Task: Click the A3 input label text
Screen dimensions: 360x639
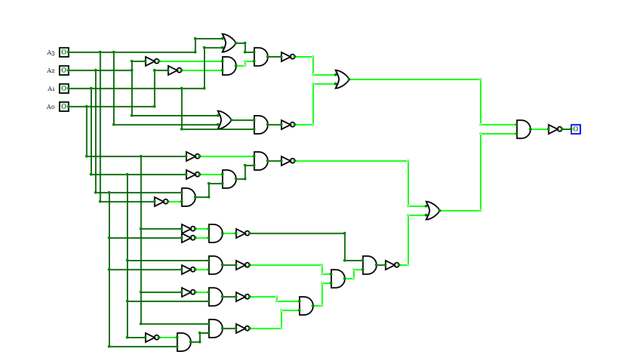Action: (x=51, y=52)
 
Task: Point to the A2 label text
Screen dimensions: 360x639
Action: (x=51, y=71)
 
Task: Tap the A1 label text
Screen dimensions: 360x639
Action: (x=51, y=89)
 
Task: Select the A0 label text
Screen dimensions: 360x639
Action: (x=51, y=107)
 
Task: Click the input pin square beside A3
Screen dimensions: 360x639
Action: (x=64, y=52)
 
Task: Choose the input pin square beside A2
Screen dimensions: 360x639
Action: (x=64, y=71)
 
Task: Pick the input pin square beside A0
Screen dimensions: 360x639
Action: (x=64, y=107)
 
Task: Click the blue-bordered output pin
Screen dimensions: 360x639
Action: (x=575, y=129)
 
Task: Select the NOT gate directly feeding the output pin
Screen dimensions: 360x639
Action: (x=555, y=129)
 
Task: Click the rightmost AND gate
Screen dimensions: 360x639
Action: (x=523, y=129)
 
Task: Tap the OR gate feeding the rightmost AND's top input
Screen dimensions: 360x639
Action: (x=341, y=79)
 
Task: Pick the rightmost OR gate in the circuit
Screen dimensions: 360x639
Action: (x=432, y=211)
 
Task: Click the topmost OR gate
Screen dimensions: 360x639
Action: (x=228, y=43)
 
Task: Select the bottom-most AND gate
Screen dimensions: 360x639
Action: (x=184, y=342)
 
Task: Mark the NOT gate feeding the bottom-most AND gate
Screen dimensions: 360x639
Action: (x=152, y=337)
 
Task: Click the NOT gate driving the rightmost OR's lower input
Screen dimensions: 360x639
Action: (x=392, y=265)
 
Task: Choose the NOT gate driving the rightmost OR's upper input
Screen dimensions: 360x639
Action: (x=288, y=161)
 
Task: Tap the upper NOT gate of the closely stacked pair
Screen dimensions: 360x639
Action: (x=188, y=229)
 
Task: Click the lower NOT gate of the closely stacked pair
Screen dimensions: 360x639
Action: (x=188, y=238)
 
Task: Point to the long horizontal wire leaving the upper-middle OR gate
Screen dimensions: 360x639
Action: (x=413, y=79)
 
